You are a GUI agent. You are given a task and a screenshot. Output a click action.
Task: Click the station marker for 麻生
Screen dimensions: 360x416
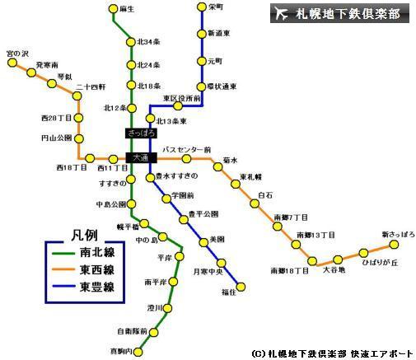(114, 9)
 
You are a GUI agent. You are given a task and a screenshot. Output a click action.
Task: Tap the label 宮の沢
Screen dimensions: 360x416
(16, 53)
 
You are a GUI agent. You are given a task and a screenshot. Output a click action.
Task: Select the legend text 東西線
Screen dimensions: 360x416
(97, 271)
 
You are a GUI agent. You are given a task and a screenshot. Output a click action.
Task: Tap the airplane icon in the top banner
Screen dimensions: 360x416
(281, 13)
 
